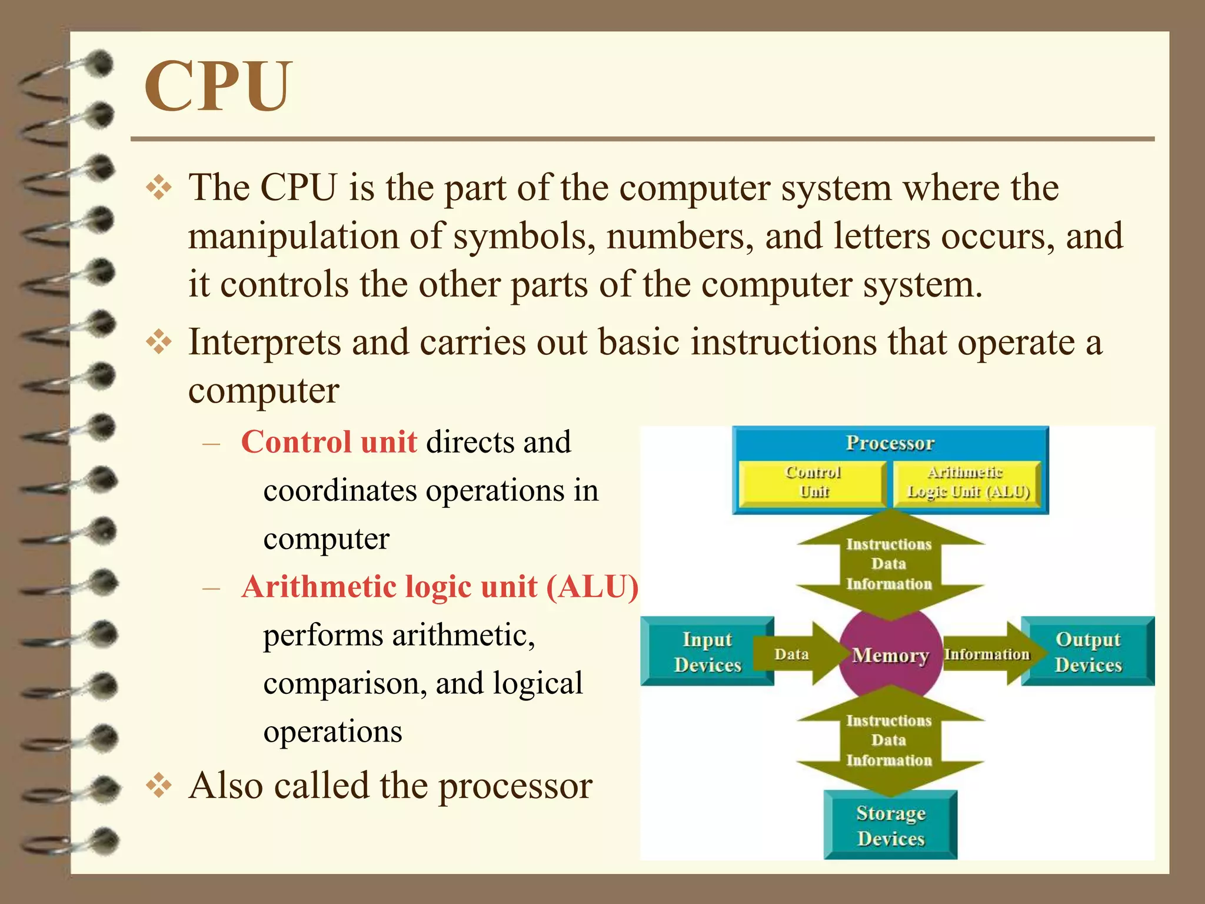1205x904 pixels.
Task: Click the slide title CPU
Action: coord(218,87)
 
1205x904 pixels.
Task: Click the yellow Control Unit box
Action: coord(813,483)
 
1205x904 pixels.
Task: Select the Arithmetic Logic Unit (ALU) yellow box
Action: coord(967,483)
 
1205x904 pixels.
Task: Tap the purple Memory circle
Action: coord(890,654)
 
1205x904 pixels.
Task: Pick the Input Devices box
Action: coord(707,652)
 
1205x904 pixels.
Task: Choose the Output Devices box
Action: coord(1088,652)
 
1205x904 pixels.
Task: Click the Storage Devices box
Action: coord(890,825)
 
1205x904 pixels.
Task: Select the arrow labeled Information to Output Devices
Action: coord(988,654)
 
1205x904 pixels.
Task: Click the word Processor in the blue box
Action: coord(890,443)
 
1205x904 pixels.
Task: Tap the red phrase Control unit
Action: coord(329,442)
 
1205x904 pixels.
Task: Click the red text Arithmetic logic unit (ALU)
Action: coord(440,587)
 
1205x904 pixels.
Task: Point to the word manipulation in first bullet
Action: coord(293,237)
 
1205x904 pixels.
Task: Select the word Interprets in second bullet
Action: coord(265,343)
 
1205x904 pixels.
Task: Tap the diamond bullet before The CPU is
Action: coord(159,188)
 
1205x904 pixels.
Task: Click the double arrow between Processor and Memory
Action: coord(889,564)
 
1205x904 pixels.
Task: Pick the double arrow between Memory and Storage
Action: coord(889,740)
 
